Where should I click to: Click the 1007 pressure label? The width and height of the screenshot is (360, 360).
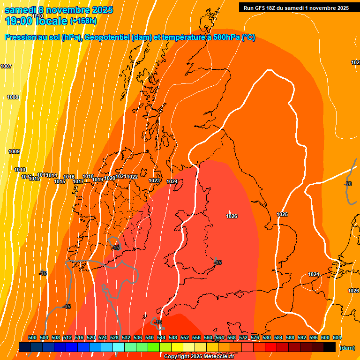click(6, 66)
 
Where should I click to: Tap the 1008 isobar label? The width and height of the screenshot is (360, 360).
click(13, 97)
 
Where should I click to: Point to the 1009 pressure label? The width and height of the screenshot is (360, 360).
click(14, 151)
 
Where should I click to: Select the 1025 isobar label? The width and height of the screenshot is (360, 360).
click(282, 214)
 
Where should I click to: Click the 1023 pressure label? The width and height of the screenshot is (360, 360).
click(154, 180)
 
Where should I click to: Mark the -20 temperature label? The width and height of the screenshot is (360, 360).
click(347, 184)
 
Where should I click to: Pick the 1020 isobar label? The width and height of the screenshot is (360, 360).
click(110, 178)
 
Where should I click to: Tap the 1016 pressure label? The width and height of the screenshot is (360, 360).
click(69, 177)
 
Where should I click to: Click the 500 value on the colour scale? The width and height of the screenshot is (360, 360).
click(32, 337)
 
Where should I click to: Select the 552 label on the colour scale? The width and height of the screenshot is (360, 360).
click(185, 337)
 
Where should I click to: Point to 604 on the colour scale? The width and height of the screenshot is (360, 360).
click(337, 337)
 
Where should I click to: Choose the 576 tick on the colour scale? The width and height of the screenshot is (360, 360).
click(255, 337)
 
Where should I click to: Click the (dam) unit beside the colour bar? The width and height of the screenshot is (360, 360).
click(347, 348)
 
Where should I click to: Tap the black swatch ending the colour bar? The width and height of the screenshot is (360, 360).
click(330, 347)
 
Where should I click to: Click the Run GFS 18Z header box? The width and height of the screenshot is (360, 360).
click(296, 7)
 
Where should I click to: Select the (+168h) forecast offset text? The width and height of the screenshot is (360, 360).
click(83, 21)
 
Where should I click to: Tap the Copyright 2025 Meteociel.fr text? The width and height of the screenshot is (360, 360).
click(199, 356)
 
